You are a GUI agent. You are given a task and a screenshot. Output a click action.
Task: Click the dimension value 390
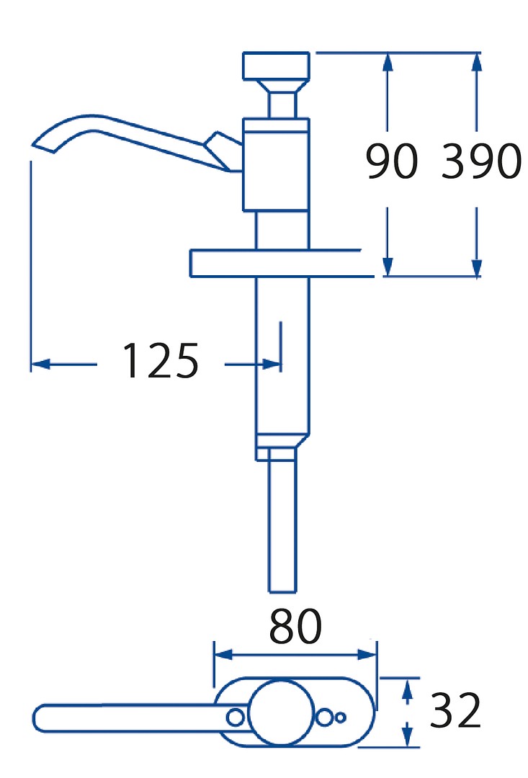(481, 161)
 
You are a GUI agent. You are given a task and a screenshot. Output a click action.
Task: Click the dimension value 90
(392, 161)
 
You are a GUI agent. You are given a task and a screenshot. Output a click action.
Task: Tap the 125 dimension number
(161, 360)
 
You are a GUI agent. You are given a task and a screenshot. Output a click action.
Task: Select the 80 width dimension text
(296, 626)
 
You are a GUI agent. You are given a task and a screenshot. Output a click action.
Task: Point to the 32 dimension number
(455, 710)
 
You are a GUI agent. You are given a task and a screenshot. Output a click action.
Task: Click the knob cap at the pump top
(276, 66)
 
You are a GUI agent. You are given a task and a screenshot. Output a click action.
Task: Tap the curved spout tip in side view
(44, 146)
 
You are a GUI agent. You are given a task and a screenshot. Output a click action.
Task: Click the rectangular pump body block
(276, 165)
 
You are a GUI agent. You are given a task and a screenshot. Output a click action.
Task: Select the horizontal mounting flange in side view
(282, 263)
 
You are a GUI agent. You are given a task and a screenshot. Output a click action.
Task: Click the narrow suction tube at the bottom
(282, 526)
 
